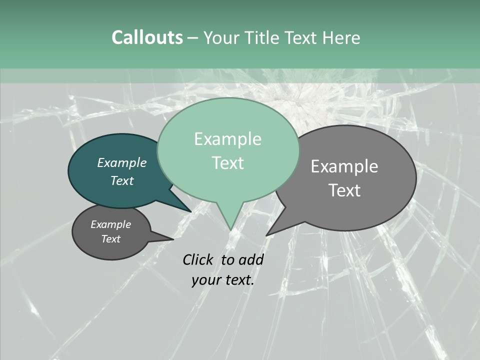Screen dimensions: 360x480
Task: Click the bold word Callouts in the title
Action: (x=147, y=37)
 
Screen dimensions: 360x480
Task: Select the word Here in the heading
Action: (x=341, y=38)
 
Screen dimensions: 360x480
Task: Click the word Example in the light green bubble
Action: (x=227, y=139)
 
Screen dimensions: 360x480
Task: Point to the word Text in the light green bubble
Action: (x=228, y=163)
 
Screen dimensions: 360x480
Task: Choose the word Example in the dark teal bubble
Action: (x=122, y=162)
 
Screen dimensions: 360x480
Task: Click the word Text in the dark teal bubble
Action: (x=122, y=180)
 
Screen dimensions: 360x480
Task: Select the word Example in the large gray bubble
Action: (x=344, y=166)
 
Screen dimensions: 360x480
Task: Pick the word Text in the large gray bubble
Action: (x=344, y=190)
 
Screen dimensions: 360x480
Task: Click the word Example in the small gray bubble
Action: (x=110, y=224)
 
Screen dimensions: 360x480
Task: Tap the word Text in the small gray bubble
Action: (x=110, y=239)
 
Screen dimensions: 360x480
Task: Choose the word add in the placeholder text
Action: (x=251, y=259)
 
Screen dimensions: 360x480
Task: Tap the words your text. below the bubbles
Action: (x=222, y=280)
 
